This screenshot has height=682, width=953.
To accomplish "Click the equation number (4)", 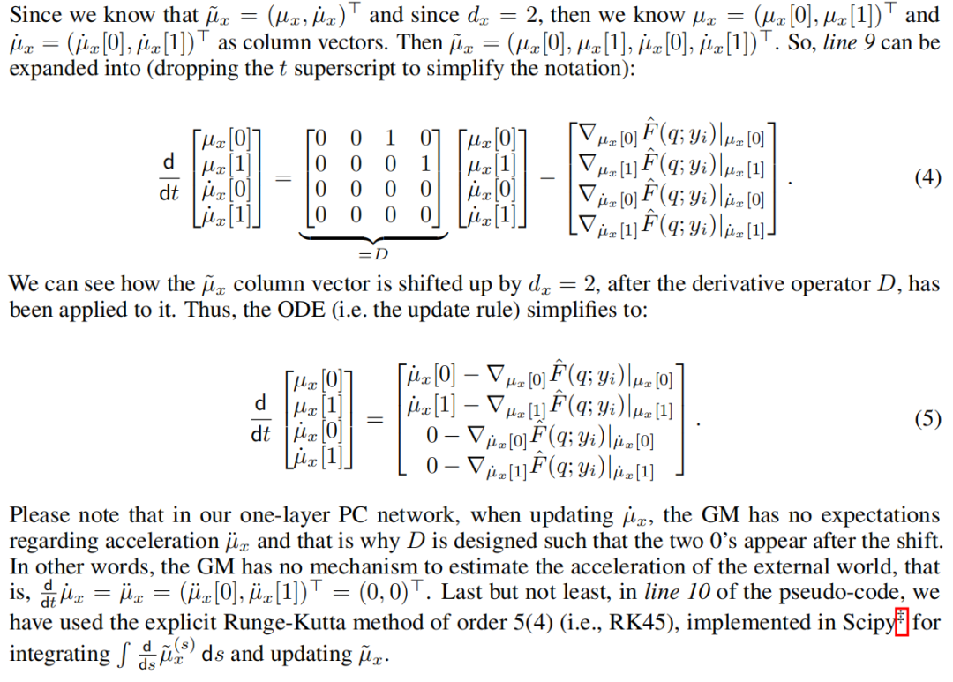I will click(927, 177).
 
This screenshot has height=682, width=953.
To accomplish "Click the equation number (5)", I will click(927, 419).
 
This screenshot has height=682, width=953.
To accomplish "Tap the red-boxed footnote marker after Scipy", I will click(901, 624).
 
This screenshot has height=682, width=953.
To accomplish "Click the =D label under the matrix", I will click(366, 254).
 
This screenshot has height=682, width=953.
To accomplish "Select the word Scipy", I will click(869, 624).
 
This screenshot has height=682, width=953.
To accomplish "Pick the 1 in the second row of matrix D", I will click(424, 163).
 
